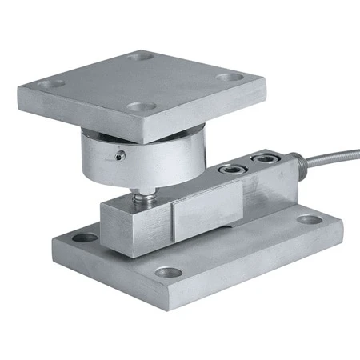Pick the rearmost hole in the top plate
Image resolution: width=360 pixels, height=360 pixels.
tap(141, 57)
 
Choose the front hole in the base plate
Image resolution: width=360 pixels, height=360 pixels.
tap(167, 272)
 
